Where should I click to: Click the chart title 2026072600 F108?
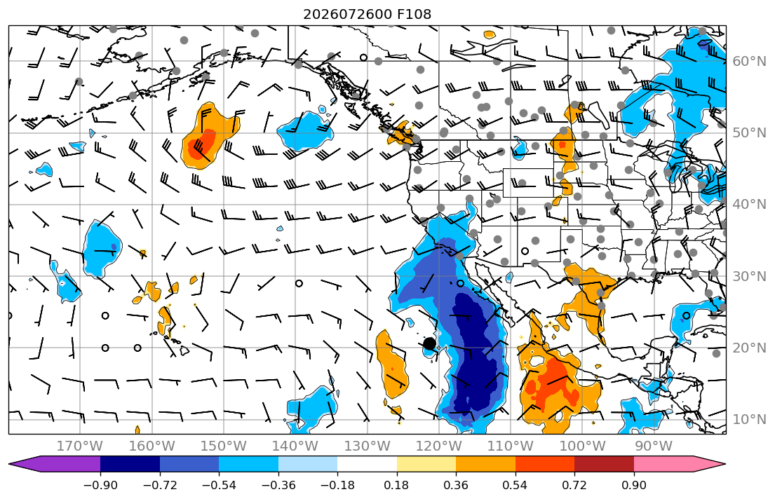(367, 14)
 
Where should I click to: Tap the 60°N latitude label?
(749, 61)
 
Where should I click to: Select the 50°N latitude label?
(749, 133)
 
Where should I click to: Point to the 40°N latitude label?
(749, 204)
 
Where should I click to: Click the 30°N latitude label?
(749, 275)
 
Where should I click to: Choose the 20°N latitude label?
(749, 348)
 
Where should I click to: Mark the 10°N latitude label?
(749, 419)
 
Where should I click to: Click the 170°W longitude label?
(80, 446)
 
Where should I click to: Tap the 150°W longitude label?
(224, 446)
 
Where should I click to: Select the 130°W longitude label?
(368, 446)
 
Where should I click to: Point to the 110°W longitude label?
(511, 446)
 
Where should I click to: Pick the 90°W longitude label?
(654, 446)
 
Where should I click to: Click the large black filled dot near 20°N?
(429, 343)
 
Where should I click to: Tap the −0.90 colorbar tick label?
(100, 486)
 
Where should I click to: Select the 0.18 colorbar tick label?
(396, 486)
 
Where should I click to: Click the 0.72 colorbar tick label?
(574, 486)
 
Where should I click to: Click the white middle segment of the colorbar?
(368, 465)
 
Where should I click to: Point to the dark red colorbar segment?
(604, 465)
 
